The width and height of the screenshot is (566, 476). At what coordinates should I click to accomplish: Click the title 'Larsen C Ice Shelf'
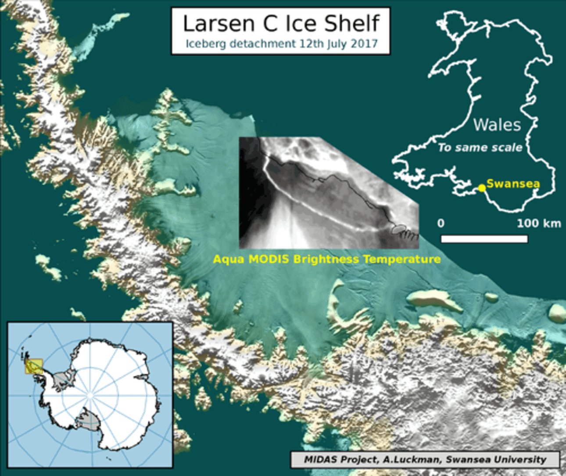[x=281, y=24]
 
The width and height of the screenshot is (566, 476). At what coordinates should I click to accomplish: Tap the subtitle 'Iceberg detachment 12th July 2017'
[x=281, y=44]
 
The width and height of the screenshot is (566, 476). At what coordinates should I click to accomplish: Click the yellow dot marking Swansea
[x=482, y=188]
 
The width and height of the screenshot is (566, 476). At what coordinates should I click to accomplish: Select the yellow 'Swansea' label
[x=513, y=184]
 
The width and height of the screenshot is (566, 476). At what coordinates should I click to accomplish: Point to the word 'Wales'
[x=497, y=125]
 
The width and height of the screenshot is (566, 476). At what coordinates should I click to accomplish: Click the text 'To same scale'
[x=480, y=148]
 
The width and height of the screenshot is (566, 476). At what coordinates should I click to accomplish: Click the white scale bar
[x=484, y=239]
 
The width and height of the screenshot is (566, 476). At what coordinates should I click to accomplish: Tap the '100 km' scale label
[x=539, y=223]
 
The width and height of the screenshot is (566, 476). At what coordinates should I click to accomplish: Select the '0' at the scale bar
[x=441, y=223]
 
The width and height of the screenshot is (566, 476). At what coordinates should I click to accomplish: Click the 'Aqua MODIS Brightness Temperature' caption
[x=327, y=259]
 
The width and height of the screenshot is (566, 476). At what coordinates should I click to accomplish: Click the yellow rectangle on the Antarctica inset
[x=34, y=367]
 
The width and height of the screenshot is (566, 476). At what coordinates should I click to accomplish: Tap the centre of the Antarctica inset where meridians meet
[x=90, y=396]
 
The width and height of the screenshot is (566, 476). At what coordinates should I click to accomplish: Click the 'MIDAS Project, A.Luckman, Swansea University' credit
[x=425, y=460]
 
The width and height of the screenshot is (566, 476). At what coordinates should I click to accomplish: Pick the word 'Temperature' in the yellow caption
[x=402, y=259]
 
